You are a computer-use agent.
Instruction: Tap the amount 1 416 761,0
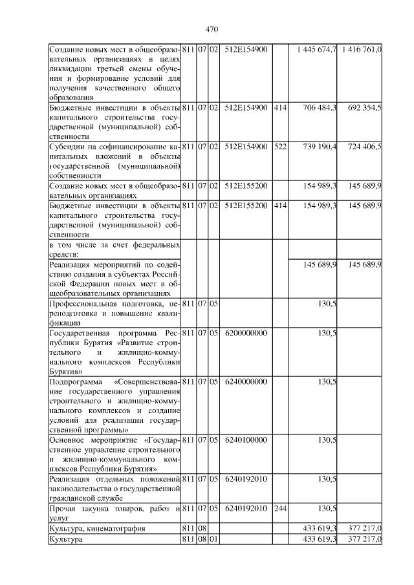point(362,50)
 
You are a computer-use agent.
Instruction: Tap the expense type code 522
point(279,147)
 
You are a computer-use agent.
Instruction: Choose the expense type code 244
point(279,508)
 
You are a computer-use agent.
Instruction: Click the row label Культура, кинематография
point(97,528)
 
